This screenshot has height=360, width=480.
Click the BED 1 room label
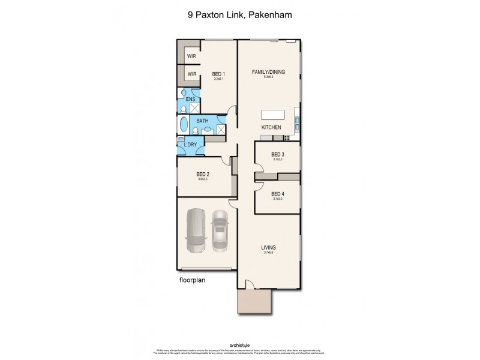click(218, 74)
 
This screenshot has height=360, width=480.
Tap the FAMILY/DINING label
click(268, 72)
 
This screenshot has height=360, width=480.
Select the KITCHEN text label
click(271, 128)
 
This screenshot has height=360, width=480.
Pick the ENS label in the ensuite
click(190, 99)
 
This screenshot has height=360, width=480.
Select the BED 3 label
click(277, 155)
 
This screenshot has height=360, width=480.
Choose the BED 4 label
click(277, 194)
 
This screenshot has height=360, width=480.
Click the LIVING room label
click(268, 247)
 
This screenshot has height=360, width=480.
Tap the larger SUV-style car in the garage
click(196, 232)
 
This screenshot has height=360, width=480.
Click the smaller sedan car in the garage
click(220, 229)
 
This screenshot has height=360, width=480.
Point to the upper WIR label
click(192, 56)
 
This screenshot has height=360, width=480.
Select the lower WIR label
click(192, 74)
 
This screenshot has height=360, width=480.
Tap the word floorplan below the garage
click(193, 280)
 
